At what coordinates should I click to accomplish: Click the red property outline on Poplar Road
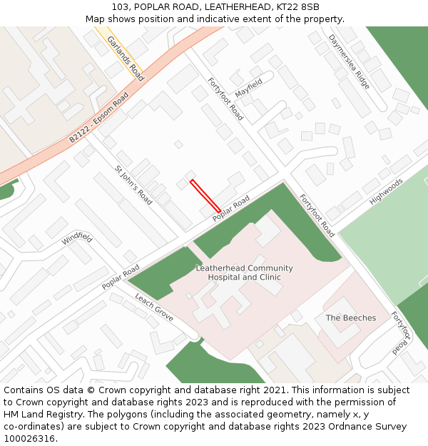point(205,196)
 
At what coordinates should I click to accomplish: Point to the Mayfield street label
point(249,88)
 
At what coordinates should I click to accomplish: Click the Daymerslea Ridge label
point(350,61)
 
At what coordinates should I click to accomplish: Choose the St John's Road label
point(133,186)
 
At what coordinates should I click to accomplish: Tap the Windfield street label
point(77,238)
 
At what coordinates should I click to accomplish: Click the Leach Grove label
point(154,308)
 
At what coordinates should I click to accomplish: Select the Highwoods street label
point(387,191)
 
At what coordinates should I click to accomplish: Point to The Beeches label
point(351,318)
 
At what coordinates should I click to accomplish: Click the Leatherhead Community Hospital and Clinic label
point(245,273)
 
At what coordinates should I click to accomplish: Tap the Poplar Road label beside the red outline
point(231,208)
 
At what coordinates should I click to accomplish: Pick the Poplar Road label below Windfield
point(121,277)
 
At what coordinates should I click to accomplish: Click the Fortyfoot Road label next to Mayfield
point(225,98)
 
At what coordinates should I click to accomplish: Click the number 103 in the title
point(120,7)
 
